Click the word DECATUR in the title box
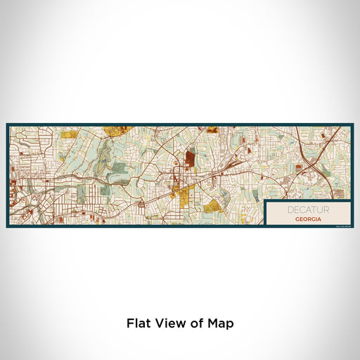tap(307, 209)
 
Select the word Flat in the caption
tap(139, 323)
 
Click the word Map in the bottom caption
tap(220, 323)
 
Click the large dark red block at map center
tap(190, 161)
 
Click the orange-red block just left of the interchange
tap(298, 168)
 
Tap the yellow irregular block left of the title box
tap(214, 205)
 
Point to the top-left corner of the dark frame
tap(7, 124)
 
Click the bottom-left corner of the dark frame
tap(7, 226)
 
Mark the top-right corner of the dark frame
tap(352, 124)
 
